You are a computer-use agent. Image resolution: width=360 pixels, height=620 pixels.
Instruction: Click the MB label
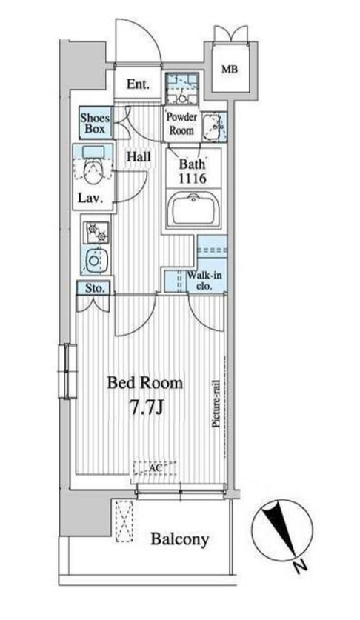pos(230,70)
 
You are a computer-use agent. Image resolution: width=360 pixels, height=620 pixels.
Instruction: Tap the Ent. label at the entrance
pos(138,84)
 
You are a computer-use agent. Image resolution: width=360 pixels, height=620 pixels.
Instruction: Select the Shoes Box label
pos(95,123)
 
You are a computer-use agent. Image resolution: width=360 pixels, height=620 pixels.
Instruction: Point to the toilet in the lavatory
pos(93,173)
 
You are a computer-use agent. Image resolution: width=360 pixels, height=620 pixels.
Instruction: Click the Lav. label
pos(90,198)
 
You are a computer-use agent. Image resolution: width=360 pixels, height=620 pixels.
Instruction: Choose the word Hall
pos(139,156)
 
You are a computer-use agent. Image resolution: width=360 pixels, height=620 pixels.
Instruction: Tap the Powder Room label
pos(181,124)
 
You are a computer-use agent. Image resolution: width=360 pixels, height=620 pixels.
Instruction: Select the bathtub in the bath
pos(193,208)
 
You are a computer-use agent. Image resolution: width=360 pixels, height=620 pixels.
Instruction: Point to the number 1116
pos(193,179)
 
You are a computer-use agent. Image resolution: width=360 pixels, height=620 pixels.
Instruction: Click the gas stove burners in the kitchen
pos(96,233)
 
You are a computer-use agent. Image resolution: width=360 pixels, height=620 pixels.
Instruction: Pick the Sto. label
pos(96,288)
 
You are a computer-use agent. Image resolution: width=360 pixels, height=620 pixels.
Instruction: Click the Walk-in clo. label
pos(204,280)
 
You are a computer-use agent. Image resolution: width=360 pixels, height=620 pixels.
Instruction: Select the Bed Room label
pos(145,383)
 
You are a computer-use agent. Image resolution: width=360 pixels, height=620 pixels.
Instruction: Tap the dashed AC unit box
pos(154,467)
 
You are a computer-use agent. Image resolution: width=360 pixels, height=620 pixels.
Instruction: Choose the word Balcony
pos(179,539)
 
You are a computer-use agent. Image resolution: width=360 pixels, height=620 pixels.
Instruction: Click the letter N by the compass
pos(301,567)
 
